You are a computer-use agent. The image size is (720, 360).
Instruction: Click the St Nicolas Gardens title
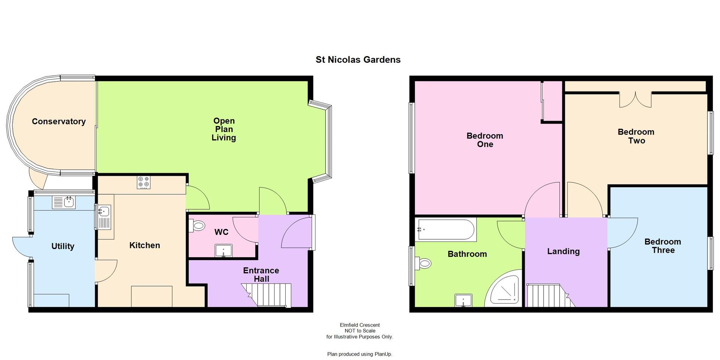pyautogui.click(x=358, y=60)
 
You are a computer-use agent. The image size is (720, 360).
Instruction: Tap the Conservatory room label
pyautogui.click(x=58, y=121)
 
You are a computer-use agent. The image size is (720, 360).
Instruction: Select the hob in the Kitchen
pyautogui.click(x=144, y=182)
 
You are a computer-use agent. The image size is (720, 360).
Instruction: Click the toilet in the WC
pyautogui.click(x=198, y=226)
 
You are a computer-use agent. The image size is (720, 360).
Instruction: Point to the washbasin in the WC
pyautogui.click(x=224, y=250)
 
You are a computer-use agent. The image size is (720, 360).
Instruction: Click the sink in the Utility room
pyautogui.click(x=64, y=202)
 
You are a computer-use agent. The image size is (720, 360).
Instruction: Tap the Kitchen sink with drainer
pyautogui.click(x=104, y=217)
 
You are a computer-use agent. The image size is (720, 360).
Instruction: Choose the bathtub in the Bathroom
pyautogui.click(x=446, y=229)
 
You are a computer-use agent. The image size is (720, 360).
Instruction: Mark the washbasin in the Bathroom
pyautogui.click(x=463, y=301)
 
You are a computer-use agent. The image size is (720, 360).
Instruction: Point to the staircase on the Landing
pyautogui.click(x=547, y=295)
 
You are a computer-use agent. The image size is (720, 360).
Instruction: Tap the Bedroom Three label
pyautogui.click(x=663, y=246)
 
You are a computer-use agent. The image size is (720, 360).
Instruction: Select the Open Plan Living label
pyautogui.click(x=223, y=129)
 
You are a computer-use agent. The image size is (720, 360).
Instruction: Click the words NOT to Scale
pyautogui.click(x=360, y=331)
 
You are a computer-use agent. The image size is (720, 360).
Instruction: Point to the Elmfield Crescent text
pyautogui.click(x=360, y=325)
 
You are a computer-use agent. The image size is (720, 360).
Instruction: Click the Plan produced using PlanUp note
pyautogui.click(x=360, y=354)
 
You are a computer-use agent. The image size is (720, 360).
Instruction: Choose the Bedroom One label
pyautogui.click(x=484, y=140)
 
